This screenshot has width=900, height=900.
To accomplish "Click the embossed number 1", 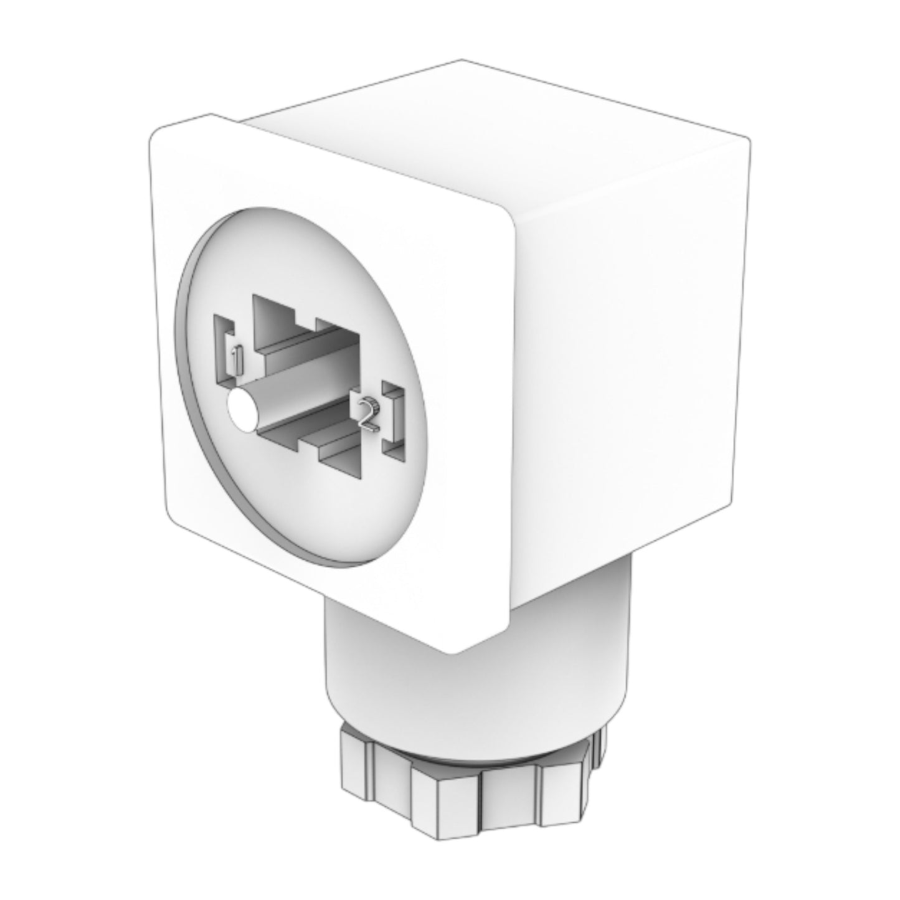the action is [x=237, y=359].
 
